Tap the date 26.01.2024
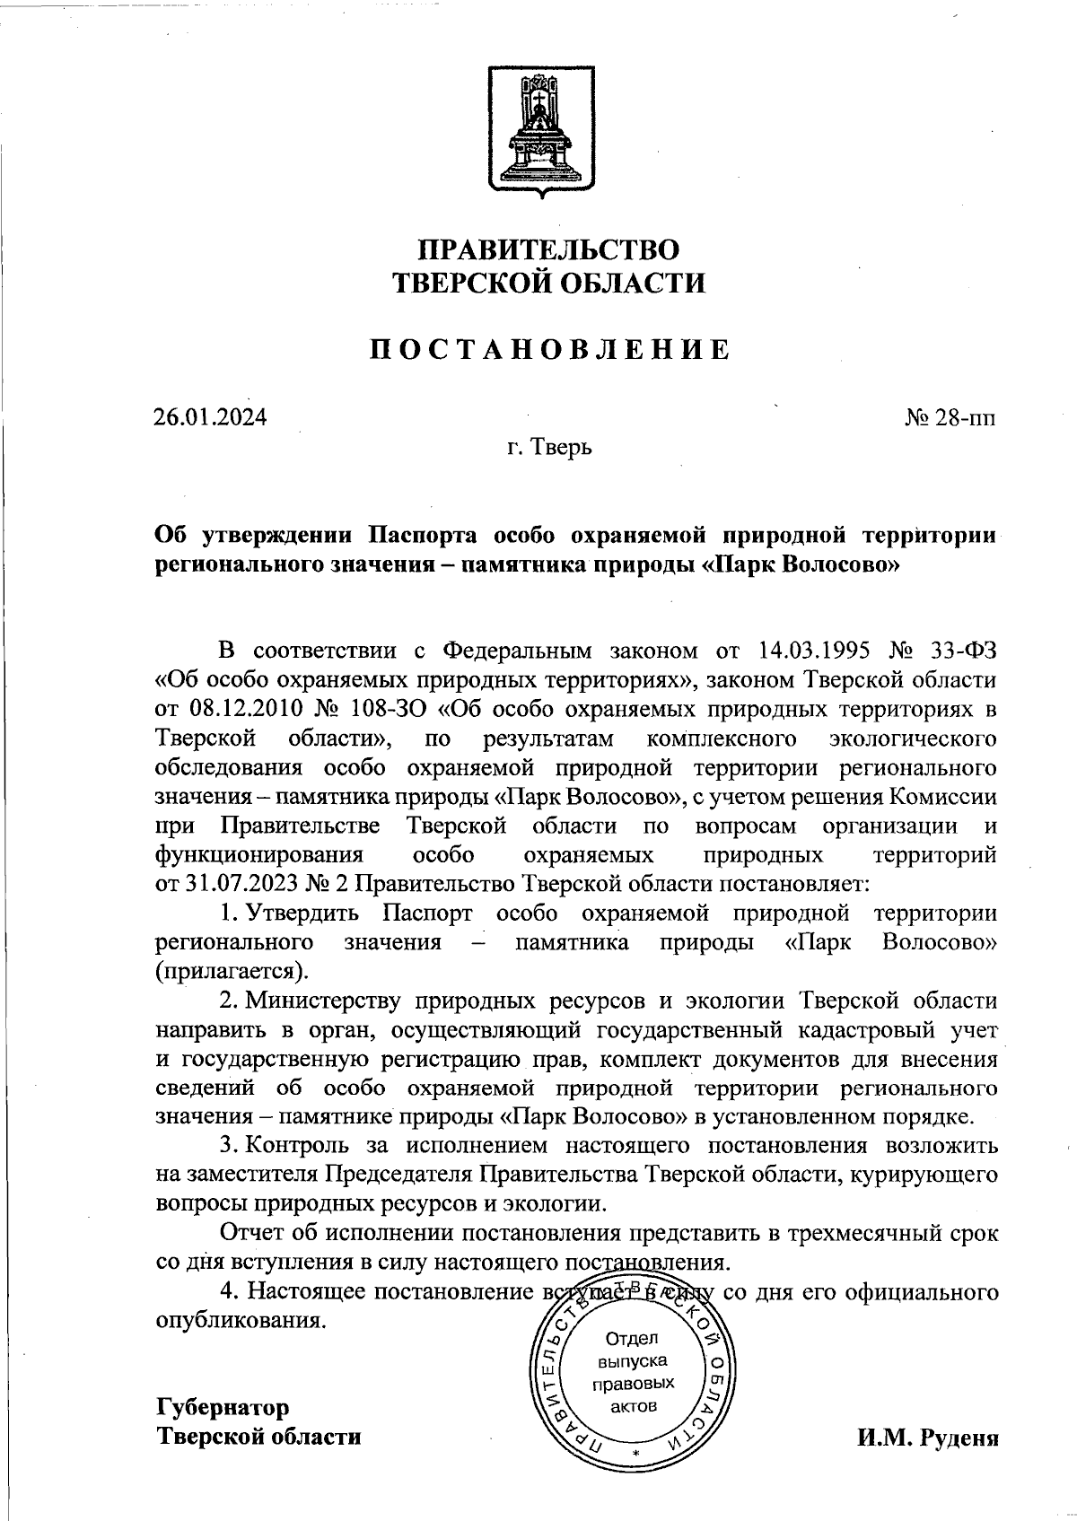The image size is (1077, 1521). click(210, 417)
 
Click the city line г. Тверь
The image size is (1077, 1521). click(548, 446)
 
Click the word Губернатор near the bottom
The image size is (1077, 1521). click(223, 1406)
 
